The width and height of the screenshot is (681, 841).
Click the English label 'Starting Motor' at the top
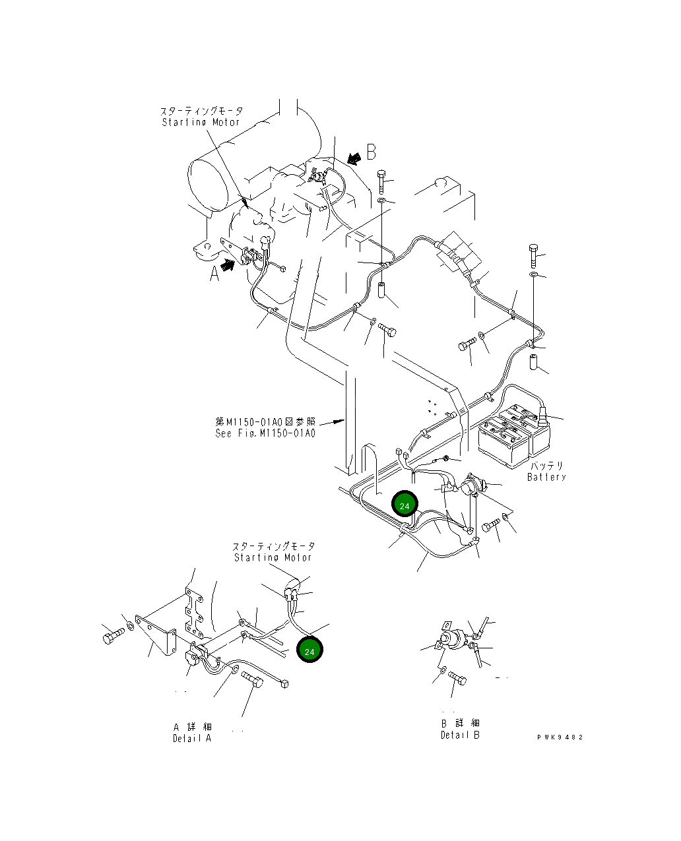click(x=201, y=122)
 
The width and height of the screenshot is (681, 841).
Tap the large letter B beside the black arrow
click(x=372, y=152)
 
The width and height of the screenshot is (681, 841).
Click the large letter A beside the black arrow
click(x=214, y=273)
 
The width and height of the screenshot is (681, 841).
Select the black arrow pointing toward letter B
click(x=354, y=158)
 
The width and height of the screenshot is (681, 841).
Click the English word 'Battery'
click(x=546, y=477)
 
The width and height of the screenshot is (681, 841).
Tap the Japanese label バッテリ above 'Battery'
click(x=546, y=466)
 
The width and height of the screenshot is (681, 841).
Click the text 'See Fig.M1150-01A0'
click(x=265, y=433)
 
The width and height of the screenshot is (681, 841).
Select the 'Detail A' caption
click(x=192, y=738)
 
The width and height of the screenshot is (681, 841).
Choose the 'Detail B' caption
click(x=460, y=735)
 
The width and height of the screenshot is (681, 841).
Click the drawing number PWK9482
click(x=560, y=737)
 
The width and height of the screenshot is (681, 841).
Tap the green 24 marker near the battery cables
click(x=405, y=505)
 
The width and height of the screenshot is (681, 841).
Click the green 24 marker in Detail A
click(x=310, y=650)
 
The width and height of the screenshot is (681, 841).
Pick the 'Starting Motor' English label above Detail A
click(x=273, y=557)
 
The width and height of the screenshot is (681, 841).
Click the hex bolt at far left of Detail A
click(x=113, y=637)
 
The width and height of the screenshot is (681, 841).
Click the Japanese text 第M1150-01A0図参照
click(x=265, y=421)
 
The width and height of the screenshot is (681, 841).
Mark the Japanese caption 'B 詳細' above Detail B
click(x=460, y=724)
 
